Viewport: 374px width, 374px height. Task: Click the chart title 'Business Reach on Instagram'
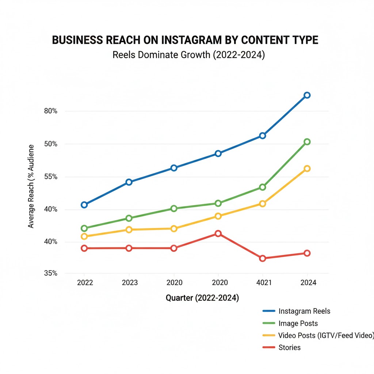tap(185, 40)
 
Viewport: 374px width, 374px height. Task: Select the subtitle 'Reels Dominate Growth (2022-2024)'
tap(188, 55)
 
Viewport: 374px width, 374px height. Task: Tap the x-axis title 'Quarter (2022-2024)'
tap(202, 298)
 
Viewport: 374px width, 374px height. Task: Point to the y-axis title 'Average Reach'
tap(31, 186)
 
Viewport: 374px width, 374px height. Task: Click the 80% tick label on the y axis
tap(50, 111)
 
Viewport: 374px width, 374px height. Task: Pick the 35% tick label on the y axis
tap(50, 273)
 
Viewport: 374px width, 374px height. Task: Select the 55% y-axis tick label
tap(50, 177)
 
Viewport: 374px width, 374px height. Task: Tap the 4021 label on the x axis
tap(262, 283)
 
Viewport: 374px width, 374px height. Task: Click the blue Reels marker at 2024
tap(307, 95)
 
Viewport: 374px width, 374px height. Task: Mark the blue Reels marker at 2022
tap(84, 205)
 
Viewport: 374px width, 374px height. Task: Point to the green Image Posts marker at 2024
tap(307, 142)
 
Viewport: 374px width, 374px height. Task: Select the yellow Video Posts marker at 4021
tap(262, 203)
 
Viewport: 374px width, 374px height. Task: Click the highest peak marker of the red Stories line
tap(218, 233)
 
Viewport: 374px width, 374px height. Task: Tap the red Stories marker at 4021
tap(262, 259)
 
